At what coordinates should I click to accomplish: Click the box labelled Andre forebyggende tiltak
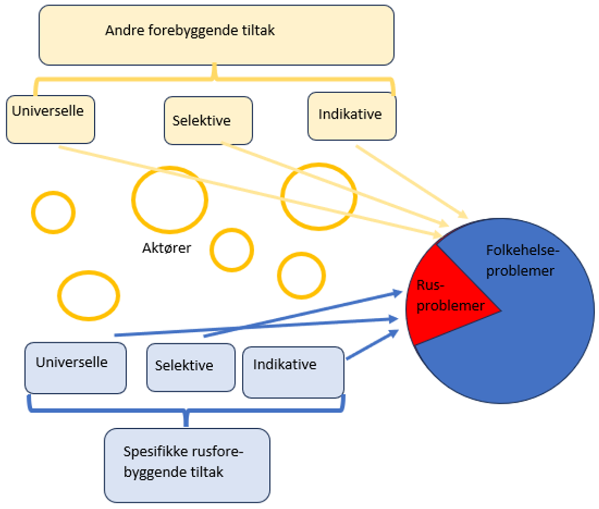pos(216,36)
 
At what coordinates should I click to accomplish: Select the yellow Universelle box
pos(51,120)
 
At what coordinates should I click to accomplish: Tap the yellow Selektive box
pos(208,121)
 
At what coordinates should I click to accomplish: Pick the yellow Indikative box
pos(352,116)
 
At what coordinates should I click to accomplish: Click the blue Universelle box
pos(75,368)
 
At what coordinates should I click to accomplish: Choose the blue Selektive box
pos(191,367)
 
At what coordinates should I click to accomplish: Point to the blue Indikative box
pos(293,372)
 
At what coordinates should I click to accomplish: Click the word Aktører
pos(166,248)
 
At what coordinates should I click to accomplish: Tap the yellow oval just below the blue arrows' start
pos(88,296)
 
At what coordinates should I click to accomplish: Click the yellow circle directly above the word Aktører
pos(169,200)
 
